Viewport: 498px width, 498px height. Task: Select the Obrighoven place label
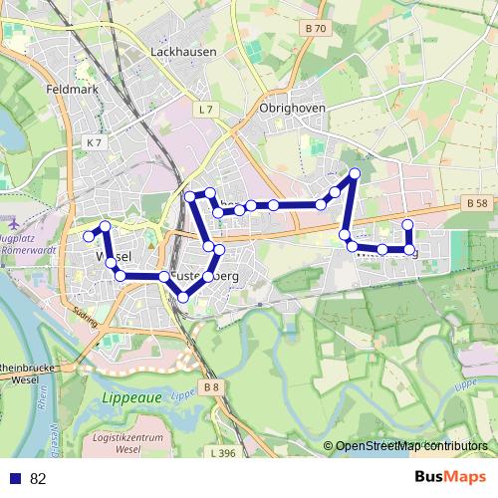point(286,109)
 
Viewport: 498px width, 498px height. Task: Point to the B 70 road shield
point(316,29)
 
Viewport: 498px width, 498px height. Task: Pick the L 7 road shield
point(206,109)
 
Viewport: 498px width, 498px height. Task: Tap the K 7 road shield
point(94,143)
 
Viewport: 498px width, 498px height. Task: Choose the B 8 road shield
point(210,386)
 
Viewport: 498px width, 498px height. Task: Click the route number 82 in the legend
point(38,479)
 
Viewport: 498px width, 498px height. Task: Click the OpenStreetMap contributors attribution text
point(410,447)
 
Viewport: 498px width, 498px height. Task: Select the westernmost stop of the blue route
point(88,236)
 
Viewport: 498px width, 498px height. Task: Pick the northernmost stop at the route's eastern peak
point(354,174)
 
